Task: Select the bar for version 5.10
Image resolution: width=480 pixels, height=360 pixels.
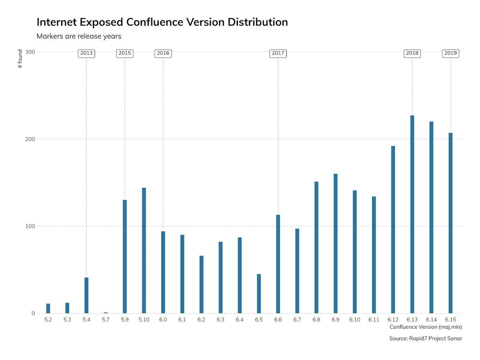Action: click(144, 250)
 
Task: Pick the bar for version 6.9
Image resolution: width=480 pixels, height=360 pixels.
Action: click(335, 244)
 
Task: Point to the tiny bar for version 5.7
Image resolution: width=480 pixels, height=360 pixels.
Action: click(106, 313)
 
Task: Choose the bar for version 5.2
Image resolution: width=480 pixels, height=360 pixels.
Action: click(48, 308)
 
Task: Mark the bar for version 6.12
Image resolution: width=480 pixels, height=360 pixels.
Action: click(393, 229)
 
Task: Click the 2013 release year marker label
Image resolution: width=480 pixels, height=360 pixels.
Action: click(86, 53)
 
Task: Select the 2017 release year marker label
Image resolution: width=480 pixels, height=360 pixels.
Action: click(278, 53)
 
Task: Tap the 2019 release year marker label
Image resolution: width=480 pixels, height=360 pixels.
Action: click(451, 53)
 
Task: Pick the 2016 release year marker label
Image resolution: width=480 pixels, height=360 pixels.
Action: click(163, 53)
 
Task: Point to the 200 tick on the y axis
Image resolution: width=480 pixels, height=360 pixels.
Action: click(30, 139)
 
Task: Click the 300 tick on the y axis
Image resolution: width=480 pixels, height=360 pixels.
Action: click(30, 52)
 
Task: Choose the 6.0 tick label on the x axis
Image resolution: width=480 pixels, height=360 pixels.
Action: click(163, 320)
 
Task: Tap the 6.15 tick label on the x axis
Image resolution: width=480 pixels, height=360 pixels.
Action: click(451, 320)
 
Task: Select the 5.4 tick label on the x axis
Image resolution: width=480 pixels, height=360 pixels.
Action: click(86, 320)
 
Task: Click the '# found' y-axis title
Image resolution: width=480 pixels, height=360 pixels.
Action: click(20, 59)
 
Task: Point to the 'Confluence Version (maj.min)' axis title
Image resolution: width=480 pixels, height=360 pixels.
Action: click(425, 327)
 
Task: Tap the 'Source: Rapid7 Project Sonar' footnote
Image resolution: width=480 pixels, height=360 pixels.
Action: click(425, 338)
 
